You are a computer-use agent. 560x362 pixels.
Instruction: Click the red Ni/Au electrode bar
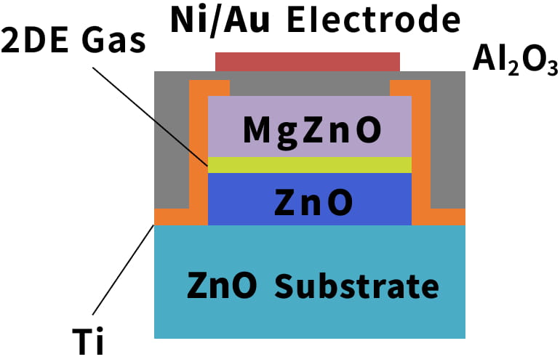[308, 61]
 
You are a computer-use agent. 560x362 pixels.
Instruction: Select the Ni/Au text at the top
[223, 20]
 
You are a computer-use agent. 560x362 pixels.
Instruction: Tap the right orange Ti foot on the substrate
[447, 217]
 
